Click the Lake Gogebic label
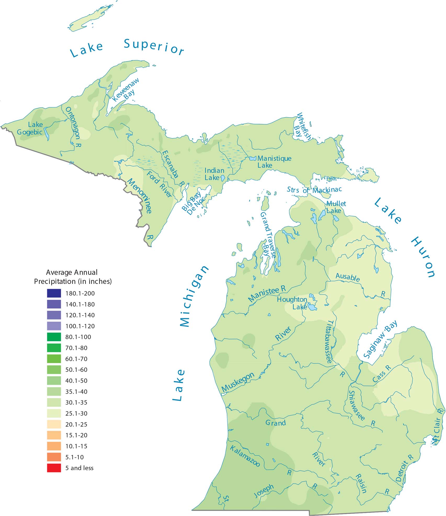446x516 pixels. click(x=30, y=128)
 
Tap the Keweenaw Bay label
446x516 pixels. click(x=126, y=90)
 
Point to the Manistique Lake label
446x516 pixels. click(x=274, y=162)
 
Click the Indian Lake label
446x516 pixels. click(x=214, y=174)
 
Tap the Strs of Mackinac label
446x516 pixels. click(x=314, y=190)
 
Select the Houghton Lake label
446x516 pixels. click(x=292, y=303)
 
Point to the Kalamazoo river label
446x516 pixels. click(x=245, y=456)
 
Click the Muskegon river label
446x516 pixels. click(x=238, y=382)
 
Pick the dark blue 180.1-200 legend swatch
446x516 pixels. click(x=54, y=293)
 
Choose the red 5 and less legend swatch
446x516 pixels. click(x=54, y=468)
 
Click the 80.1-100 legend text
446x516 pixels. click(x=78, y=337)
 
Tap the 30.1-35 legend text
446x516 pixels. click(x=76, y=402)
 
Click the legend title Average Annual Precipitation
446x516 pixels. click(x=73, y=277)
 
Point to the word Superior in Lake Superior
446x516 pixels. click(x=154, y=47)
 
